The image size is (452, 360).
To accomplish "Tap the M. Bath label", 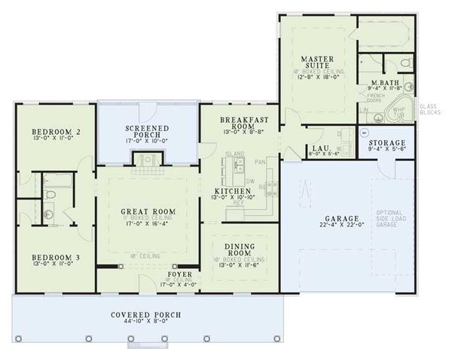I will pyautogui.click(x=385, y=82).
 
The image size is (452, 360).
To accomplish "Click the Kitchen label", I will pyautogui.click(x=226, y=191).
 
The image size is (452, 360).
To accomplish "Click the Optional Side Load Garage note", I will pyautogui.click(x=393, y=218).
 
